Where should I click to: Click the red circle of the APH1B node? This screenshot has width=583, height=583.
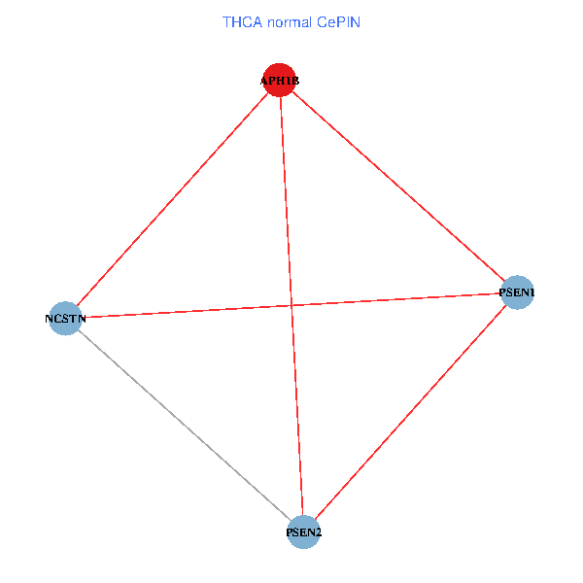point(279,80)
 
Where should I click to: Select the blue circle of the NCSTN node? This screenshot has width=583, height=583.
point(65,318)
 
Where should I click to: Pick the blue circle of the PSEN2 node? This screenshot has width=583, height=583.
point(304,532)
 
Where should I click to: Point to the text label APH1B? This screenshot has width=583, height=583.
point(279,81)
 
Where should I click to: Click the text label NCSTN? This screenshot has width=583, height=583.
point(65,318)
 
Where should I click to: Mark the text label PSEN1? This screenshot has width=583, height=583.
point(517,291)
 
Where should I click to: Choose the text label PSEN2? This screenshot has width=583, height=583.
point(304,532)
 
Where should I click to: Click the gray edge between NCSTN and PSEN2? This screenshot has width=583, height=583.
point(185,425)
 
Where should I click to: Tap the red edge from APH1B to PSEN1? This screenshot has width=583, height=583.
point(398,186)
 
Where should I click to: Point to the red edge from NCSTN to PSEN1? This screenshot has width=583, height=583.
point(194,310)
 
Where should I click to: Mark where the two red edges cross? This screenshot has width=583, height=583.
point(291,305)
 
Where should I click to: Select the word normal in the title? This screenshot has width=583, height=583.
point(291,21)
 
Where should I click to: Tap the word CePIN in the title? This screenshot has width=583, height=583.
point(338,21)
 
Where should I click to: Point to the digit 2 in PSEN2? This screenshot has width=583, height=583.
point(319,532)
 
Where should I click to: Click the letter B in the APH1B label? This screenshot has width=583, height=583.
point(294,81)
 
